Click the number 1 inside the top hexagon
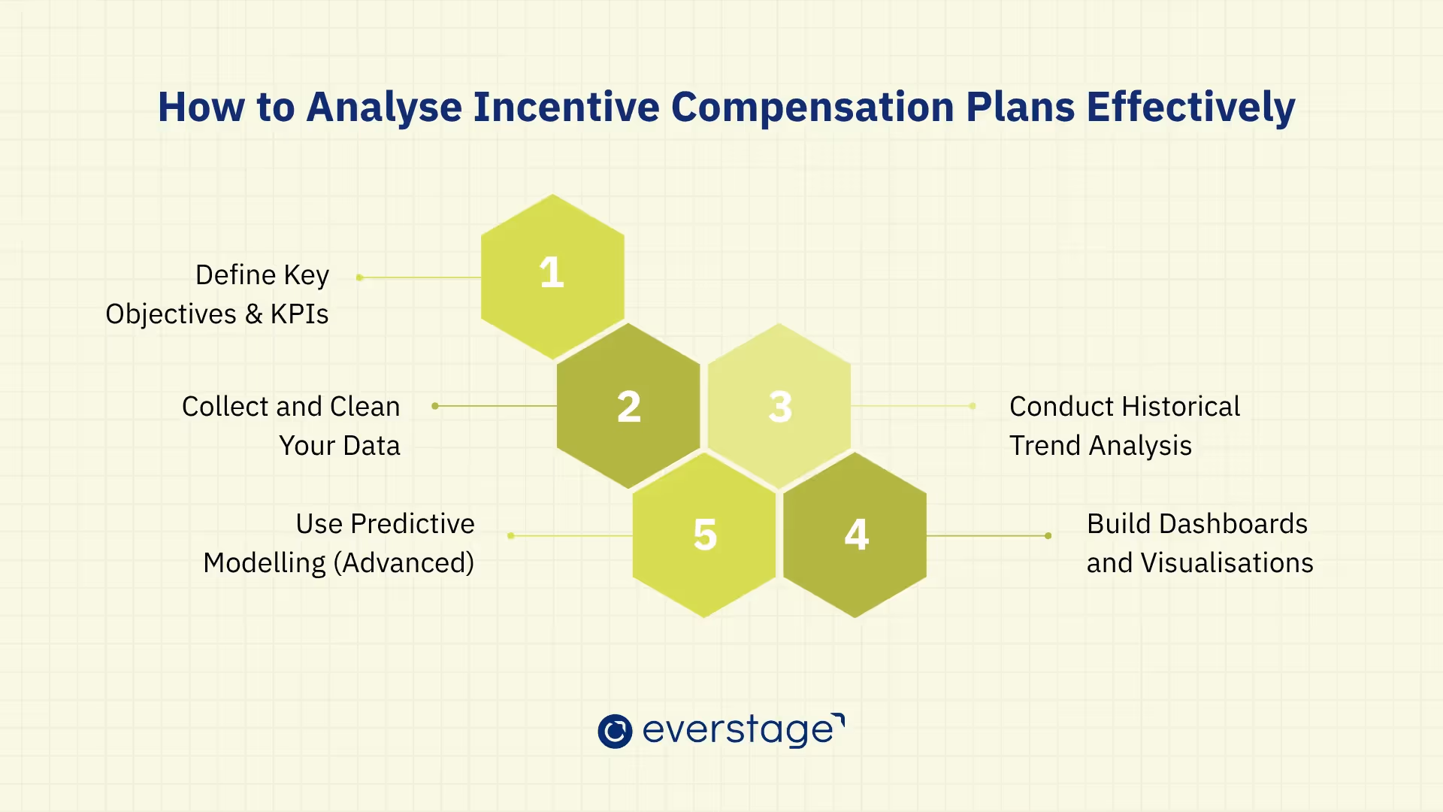coord(552,273)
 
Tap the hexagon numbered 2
coord(628,407)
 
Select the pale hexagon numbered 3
coord(779,407)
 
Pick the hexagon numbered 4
coord(855,535)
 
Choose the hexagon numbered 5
coord(704,535)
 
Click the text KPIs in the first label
coord(299,314)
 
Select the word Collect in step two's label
coord(225,407)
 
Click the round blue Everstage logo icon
coord(615,731)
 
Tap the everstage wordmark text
coord(740,730)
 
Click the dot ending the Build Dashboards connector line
coord(1048,536)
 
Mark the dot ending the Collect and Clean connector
coord(435,406)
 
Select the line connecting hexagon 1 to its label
coord(421,277)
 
